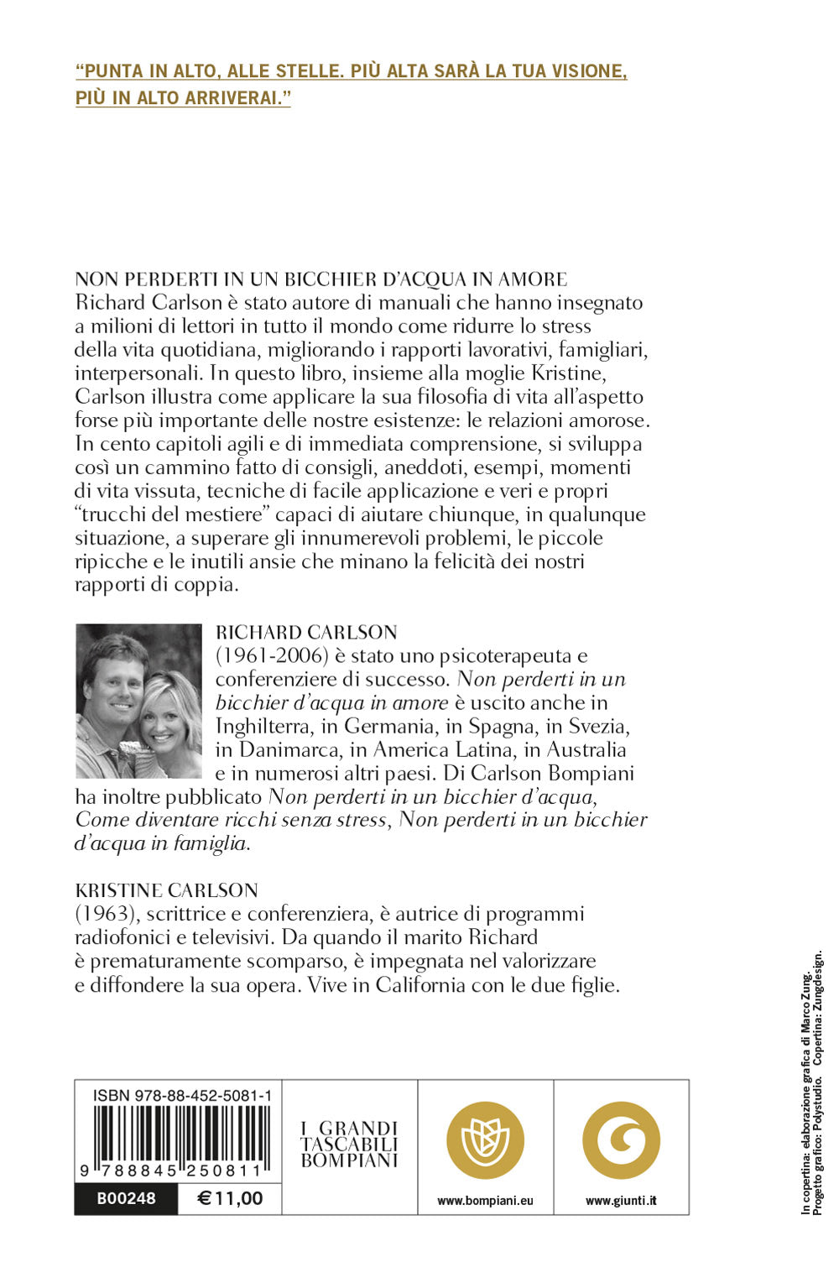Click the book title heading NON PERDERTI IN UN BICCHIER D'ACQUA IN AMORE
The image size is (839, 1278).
(x=321, y=279)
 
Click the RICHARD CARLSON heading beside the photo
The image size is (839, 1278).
(x=306, y=632)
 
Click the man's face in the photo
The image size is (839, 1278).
(x=115, y=686)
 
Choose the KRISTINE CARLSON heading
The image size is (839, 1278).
(x=166, y=890)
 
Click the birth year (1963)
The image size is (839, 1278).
(x=105, y=914)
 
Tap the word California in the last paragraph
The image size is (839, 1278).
(x=419, y=984)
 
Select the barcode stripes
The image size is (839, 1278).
(x=181, y=1138)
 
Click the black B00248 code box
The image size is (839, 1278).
(x=126, y=1198)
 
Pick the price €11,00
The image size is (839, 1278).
(x=230, y=1198)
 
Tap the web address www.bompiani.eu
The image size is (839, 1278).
(x=485, y=1201)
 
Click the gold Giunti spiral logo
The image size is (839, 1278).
(x=621, y=1140)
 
